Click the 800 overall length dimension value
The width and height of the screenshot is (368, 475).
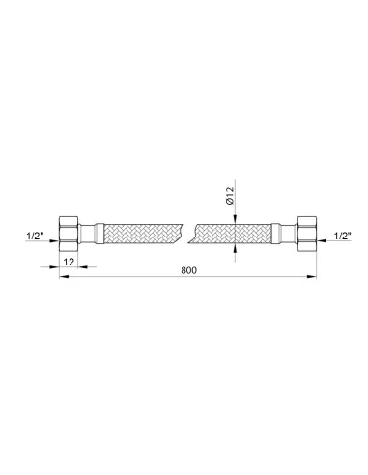pyautogui.click(x=188, y=270)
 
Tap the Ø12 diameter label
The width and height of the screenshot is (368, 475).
pyautogui.click(x=230, y=197)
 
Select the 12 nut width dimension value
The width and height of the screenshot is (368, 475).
pyautogui.click(x=69, y=262)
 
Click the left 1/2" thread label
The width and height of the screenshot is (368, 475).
pyautogui.click(x=35, y=237)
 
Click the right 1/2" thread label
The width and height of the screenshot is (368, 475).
pyautogui.click(x=342, y=237)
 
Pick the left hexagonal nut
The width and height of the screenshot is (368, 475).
pyautogui.click(x=69, y=234)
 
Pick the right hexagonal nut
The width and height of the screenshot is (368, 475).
pyautogui.click(x=307, y=234)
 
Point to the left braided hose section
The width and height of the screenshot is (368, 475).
pyautogui.click(x=143, y=234)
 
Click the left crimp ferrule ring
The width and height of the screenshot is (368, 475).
pyautogui.click(x=99, y=234)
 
